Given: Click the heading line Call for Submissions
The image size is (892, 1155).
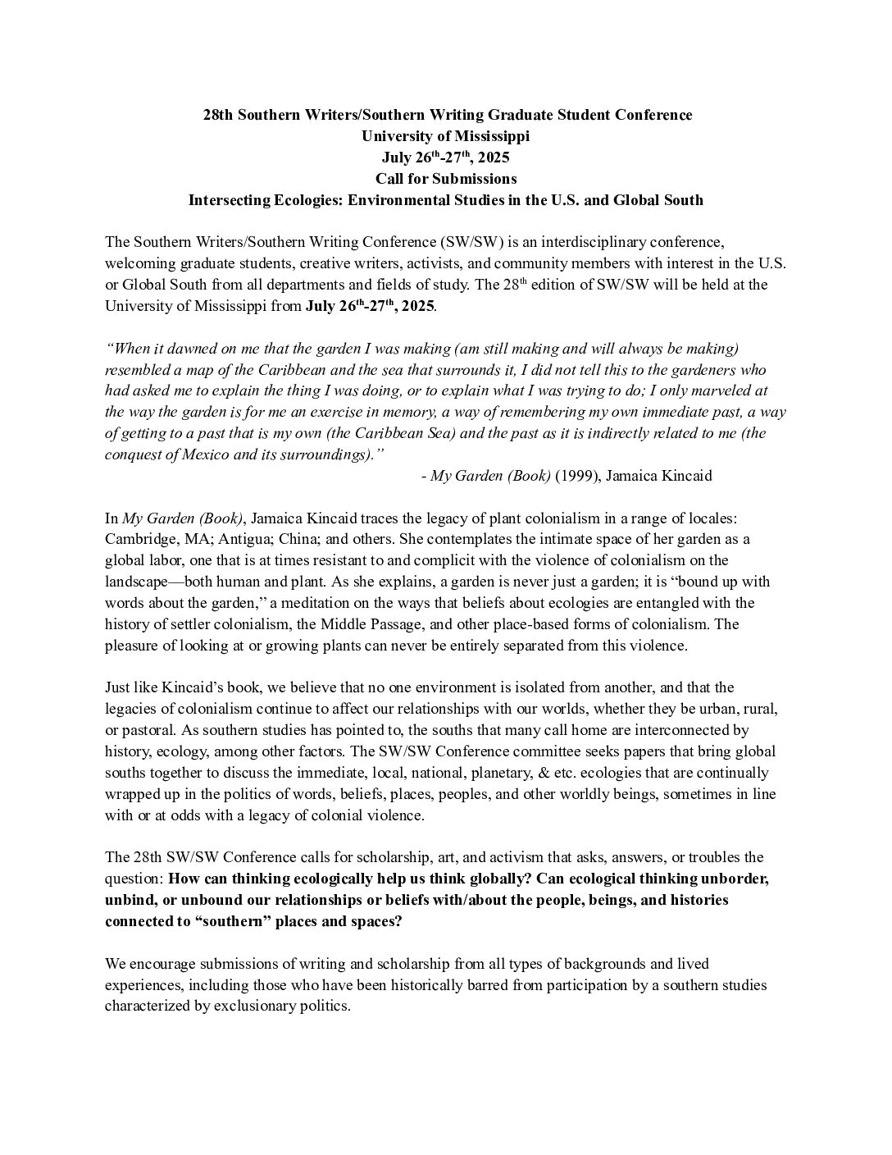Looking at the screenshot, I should tap(446, 178).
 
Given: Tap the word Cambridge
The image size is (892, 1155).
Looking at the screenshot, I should tap(139, 539).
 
